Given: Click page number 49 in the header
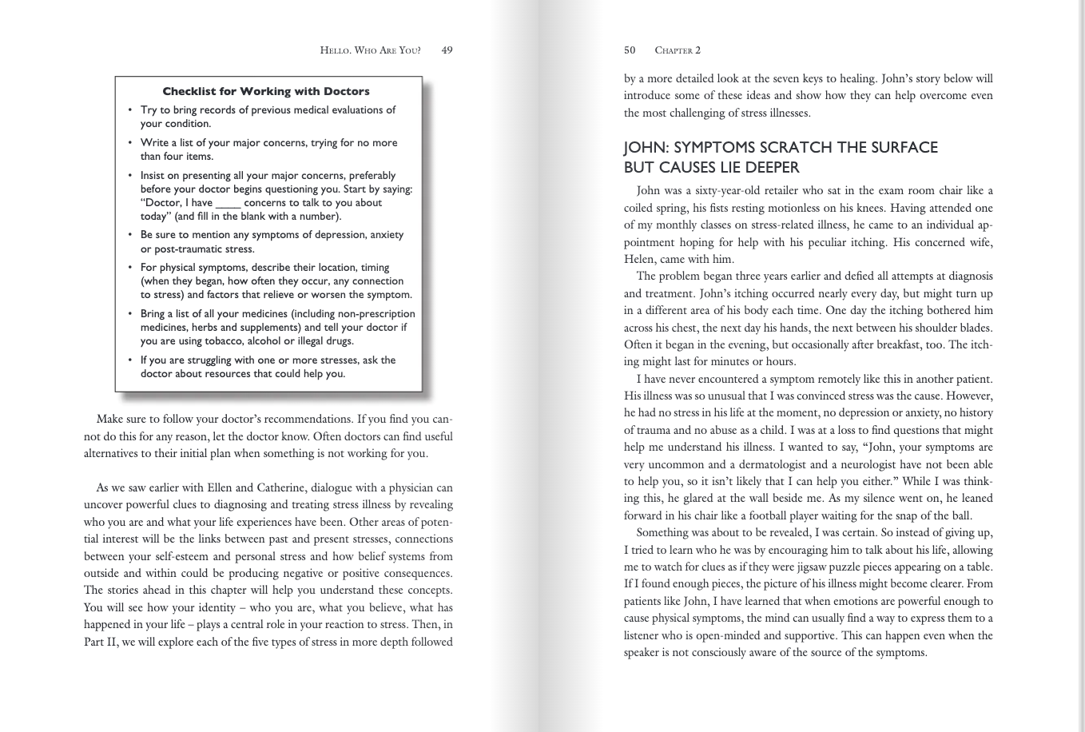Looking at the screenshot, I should [447, 50].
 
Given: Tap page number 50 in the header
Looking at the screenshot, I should [630, 50].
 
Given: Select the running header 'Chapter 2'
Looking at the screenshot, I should [678, 50].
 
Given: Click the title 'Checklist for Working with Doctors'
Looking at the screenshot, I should [266, 91].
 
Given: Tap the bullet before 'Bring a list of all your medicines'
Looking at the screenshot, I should [130, 314].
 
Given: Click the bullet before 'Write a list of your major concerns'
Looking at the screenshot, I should [130, 143].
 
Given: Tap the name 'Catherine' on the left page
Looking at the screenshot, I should [279, 487].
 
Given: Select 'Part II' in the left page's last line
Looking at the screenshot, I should [100, 642].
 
